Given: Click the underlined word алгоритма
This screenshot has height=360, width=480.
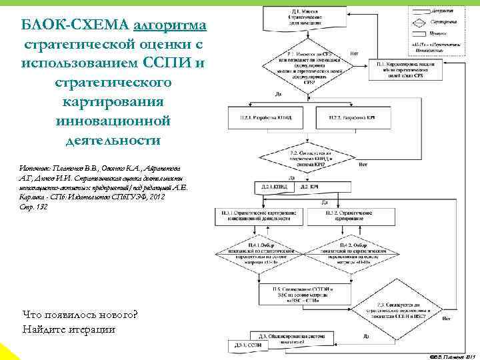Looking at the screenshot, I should point(170,25).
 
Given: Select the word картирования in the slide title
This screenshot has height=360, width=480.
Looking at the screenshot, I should point(114,103).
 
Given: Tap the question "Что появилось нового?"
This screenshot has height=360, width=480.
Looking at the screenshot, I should point(79,315).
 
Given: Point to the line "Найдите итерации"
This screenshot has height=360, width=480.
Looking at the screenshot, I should point(69,329).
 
